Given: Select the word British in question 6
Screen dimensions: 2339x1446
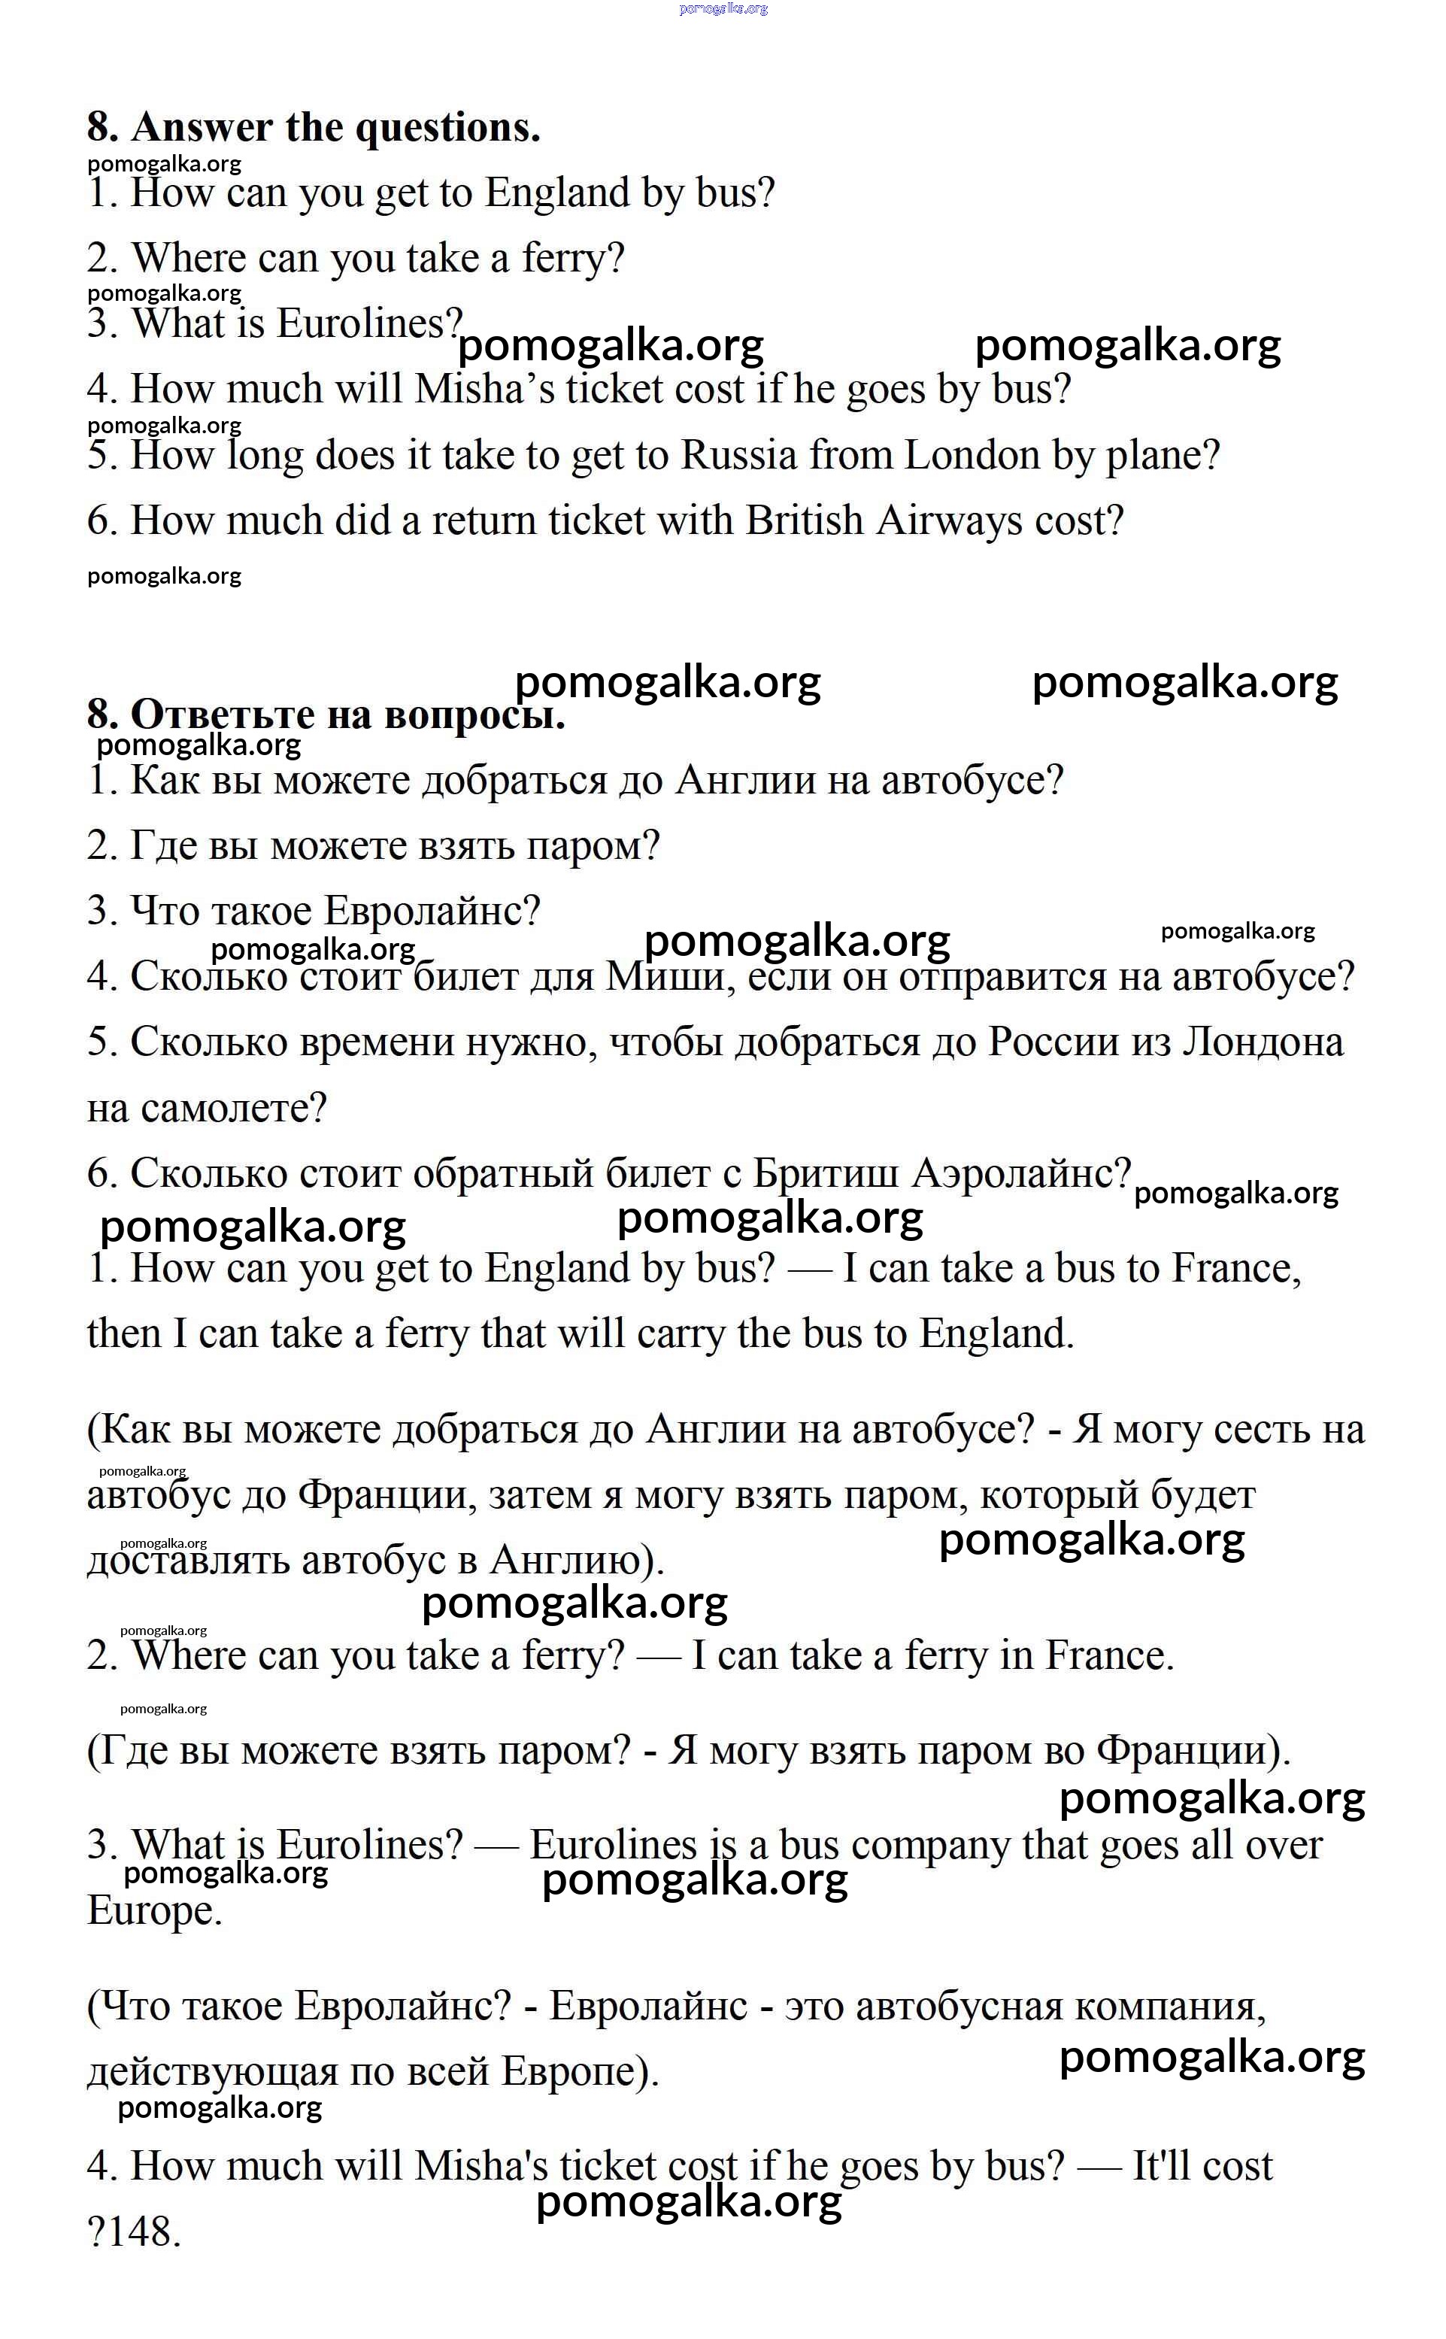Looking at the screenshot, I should coord(803,521).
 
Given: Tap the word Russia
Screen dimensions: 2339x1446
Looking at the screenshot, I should coord(738,456).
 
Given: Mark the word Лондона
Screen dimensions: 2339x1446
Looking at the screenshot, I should coord(1263,1043).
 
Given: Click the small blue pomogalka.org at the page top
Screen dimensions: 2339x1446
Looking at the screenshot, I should coord(723,8).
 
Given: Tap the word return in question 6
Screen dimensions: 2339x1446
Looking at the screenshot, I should coord(484,521).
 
